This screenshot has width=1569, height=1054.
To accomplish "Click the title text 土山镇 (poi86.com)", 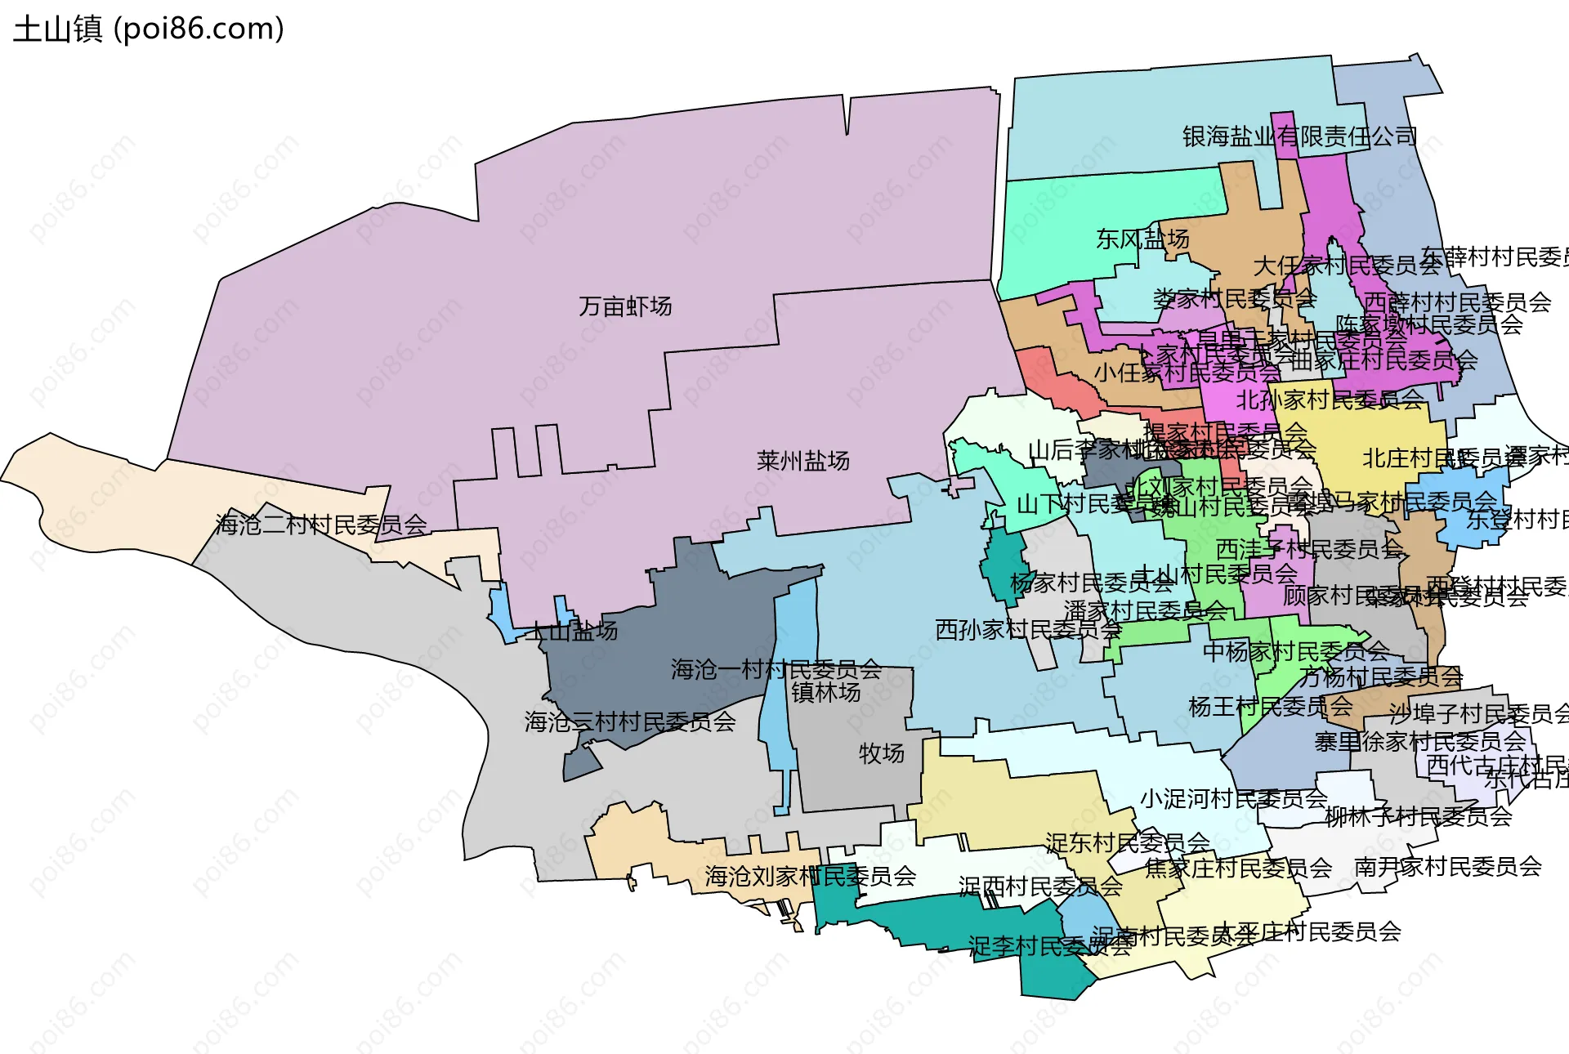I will coord(149,29).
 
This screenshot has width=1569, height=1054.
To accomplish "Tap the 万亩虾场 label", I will coord(625,306).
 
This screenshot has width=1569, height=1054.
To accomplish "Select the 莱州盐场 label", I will coord(802,461).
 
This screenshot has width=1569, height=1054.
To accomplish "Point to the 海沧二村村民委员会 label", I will coord(321,525).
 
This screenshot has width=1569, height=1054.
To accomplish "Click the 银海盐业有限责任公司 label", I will coord(1299,136).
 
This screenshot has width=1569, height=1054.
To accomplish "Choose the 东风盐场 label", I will coord(1142,239).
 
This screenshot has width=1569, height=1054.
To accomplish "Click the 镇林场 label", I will coord(825,693).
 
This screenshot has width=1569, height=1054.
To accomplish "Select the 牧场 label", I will coord(881,753).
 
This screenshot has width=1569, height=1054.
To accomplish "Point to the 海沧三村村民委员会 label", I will coord(629,722).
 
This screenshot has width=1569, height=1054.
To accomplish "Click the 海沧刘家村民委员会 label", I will coord(810,877).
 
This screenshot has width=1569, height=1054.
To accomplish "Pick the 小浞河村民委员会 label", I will coord(1233,799).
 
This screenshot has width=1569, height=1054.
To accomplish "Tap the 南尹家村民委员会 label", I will coord(1447,867).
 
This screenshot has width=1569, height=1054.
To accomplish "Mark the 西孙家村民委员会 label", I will coord(1027,630).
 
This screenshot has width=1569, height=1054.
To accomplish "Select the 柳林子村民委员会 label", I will coord(1418,817).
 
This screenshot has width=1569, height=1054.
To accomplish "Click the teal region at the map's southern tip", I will coord(1050,976).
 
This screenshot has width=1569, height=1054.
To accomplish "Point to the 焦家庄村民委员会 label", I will coord(1238,869).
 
